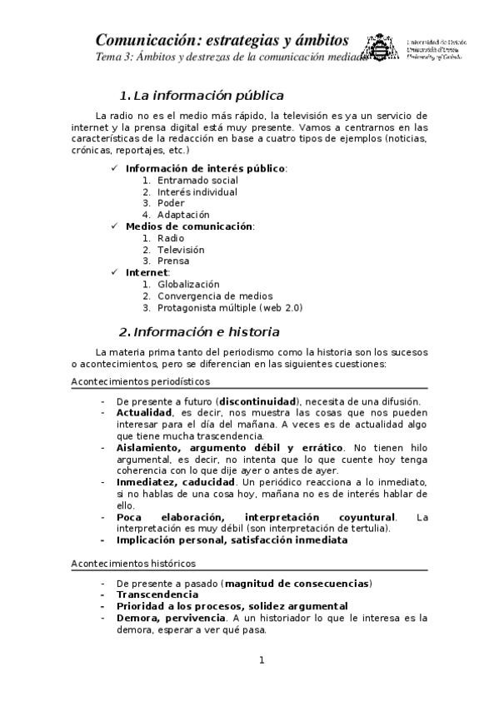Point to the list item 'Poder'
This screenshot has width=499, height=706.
(x=171, y=203)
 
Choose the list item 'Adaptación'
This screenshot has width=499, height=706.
(x=183, y=215)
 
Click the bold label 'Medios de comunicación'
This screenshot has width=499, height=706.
(x=188, y=226)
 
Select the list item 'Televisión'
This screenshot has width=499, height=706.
(x=181, y=250)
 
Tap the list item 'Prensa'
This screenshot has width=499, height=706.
(x=173, y=261)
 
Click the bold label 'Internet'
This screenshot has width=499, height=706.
(x=147, y=272)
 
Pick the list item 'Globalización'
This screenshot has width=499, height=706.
(x=188, y=284)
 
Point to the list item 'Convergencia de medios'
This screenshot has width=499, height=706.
(x=215, y=296)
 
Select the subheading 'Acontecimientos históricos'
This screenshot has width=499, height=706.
(x=133, y=564)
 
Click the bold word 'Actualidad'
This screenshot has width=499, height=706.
(x=144, y=413)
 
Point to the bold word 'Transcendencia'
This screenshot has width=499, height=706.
(x=157, y=595)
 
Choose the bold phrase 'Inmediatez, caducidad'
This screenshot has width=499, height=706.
(x=171, y=482)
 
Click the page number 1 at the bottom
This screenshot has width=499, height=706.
(x=262, y=661)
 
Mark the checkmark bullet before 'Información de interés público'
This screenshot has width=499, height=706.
(x=115, y=168)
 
